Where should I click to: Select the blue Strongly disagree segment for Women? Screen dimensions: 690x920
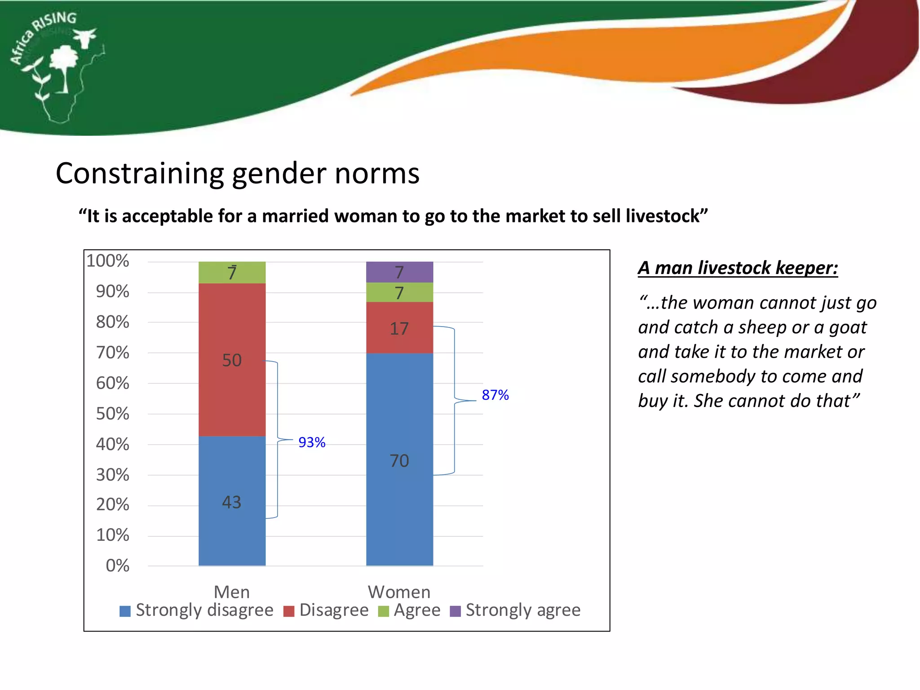pos(399,494)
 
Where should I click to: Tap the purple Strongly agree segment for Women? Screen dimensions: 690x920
pos(399,272)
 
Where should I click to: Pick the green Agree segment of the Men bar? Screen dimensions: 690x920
pos(232,272)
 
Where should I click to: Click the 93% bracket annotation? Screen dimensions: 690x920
pos(312,442)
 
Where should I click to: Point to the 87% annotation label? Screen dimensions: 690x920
pos(495,395)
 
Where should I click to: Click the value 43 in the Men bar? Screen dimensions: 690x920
pos(232,502)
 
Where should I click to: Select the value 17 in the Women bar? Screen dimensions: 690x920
pos(399,329)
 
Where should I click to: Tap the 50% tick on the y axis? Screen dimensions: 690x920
pos(112,414)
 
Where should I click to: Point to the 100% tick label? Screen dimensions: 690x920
pos(108,261)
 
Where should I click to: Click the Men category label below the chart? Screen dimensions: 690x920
pos(232,592)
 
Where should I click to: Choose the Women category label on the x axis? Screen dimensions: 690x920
pos(399,592)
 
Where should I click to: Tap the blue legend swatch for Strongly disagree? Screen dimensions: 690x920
pos(125,611)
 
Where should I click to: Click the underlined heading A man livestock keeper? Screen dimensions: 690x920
pos(738,268)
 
